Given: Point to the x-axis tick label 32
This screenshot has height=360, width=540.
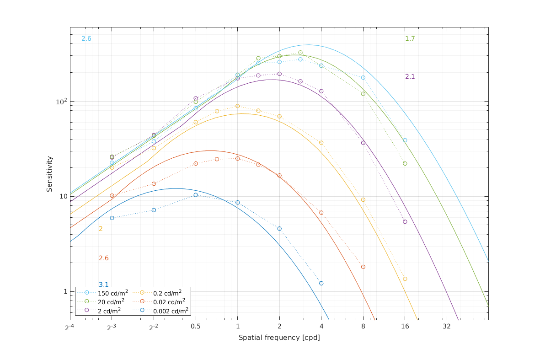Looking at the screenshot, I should click(x=447, y=327).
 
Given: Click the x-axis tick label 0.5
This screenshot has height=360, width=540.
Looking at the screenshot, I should click(x=196, y=327).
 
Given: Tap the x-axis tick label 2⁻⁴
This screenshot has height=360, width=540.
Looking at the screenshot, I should click(x=70, y=327).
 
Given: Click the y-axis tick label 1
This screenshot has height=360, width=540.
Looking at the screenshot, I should click(x=64, y=291).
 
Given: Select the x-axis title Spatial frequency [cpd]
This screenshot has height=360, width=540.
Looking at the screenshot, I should click(x=279, y=338).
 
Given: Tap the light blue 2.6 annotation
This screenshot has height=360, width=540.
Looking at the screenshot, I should click(x=86, y=39).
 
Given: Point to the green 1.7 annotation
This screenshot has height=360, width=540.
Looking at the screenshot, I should click(x=410, y=39).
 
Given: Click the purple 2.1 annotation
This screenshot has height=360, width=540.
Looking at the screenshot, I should click(x=410, y=76).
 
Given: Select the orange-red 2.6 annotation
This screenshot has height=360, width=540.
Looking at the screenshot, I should click(x=104, y=258).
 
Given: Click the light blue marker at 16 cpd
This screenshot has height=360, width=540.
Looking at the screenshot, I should click(x=405, y=140).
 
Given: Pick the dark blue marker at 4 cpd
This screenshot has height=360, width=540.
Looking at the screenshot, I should click(x=321, y=283).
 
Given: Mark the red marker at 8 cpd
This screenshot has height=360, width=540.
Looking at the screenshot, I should click(x=363, y=267).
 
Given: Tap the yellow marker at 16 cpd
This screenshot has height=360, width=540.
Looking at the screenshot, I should click(x=405, y=279).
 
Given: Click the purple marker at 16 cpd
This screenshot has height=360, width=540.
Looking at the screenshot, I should click(x=405, y=221).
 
